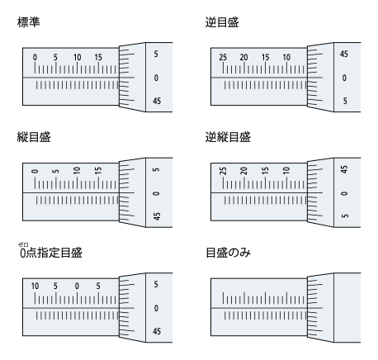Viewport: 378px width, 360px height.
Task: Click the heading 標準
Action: click(x=28, y=22)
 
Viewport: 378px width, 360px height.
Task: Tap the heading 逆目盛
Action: click(x=222, y=22)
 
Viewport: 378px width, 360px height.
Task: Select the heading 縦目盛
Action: click(x=34, y=137)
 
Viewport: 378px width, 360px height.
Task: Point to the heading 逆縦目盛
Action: click(x=228, y=137)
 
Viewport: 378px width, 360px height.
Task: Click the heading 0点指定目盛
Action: click(x=51, y=253)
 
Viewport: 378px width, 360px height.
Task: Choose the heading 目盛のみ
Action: click(x=228, y=253)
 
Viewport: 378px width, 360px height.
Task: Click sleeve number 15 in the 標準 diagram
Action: click(x=98, y=57)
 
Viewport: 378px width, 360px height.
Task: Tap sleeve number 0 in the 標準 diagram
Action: click(x=35, y=57)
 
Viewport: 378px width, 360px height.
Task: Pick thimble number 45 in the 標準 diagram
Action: click(x=157, y=101)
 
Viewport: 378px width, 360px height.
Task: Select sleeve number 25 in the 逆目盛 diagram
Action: click(x=223, y=57)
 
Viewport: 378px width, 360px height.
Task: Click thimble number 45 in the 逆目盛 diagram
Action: click(x=344, y=54)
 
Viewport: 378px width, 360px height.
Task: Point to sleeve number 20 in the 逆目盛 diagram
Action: click(x=243, y=57)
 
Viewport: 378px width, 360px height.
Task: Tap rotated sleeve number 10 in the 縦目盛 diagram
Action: click(x=77, y=170)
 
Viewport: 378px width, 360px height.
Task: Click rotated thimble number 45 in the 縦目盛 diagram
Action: click(x=157, y=216)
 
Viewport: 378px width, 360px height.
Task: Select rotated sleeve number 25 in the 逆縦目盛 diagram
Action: click(x=223, y=171)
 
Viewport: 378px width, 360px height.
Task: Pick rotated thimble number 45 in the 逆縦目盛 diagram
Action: click(x=344, y=169)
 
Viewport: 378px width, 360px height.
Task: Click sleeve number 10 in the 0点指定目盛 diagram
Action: click(x=35, y=286)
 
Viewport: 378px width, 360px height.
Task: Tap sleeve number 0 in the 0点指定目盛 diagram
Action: click(x=77, y=286)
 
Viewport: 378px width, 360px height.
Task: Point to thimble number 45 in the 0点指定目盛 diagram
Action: click(x=157, y=331)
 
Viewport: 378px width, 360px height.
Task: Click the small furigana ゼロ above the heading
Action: click(x=23, y=244)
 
